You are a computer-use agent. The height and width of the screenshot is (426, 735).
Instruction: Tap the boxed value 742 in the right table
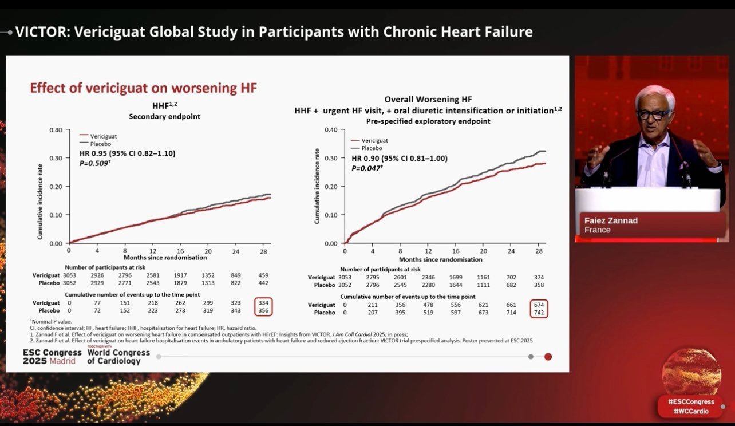[x=539, y=313]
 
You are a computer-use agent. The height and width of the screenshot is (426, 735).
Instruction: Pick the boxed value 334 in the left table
[x=263, y=302]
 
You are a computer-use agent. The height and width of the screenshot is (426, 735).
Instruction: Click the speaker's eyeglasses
[x=654, y=114]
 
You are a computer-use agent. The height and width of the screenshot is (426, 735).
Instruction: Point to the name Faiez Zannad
[x=611, y=220]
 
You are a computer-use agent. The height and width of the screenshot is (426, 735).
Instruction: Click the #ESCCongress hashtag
[x=691, y=401]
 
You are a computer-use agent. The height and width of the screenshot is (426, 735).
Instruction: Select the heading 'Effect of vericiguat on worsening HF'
[x=143, y=88]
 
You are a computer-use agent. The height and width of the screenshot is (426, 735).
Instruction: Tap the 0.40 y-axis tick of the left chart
[x=55, y=129]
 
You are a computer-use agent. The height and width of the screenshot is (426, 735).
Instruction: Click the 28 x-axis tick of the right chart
[x=539, y=251]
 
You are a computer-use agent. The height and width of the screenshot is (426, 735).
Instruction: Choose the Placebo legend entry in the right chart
[x=372, y=148]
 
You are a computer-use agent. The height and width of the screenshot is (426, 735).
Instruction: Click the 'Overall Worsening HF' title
[x=428, y=100]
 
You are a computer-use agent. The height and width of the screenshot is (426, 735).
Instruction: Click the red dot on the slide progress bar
[x=548, y=357]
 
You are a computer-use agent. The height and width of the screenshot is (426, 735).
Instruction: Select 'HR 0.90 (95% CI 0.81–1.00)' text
[x=400, y=159]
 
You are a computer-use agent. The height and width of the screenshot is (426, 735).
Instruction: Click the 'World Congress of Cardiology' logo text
[x=118, y=357]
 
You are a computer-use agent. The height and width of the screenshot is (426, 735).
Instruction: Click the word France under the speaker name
[x=597, y=230]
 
